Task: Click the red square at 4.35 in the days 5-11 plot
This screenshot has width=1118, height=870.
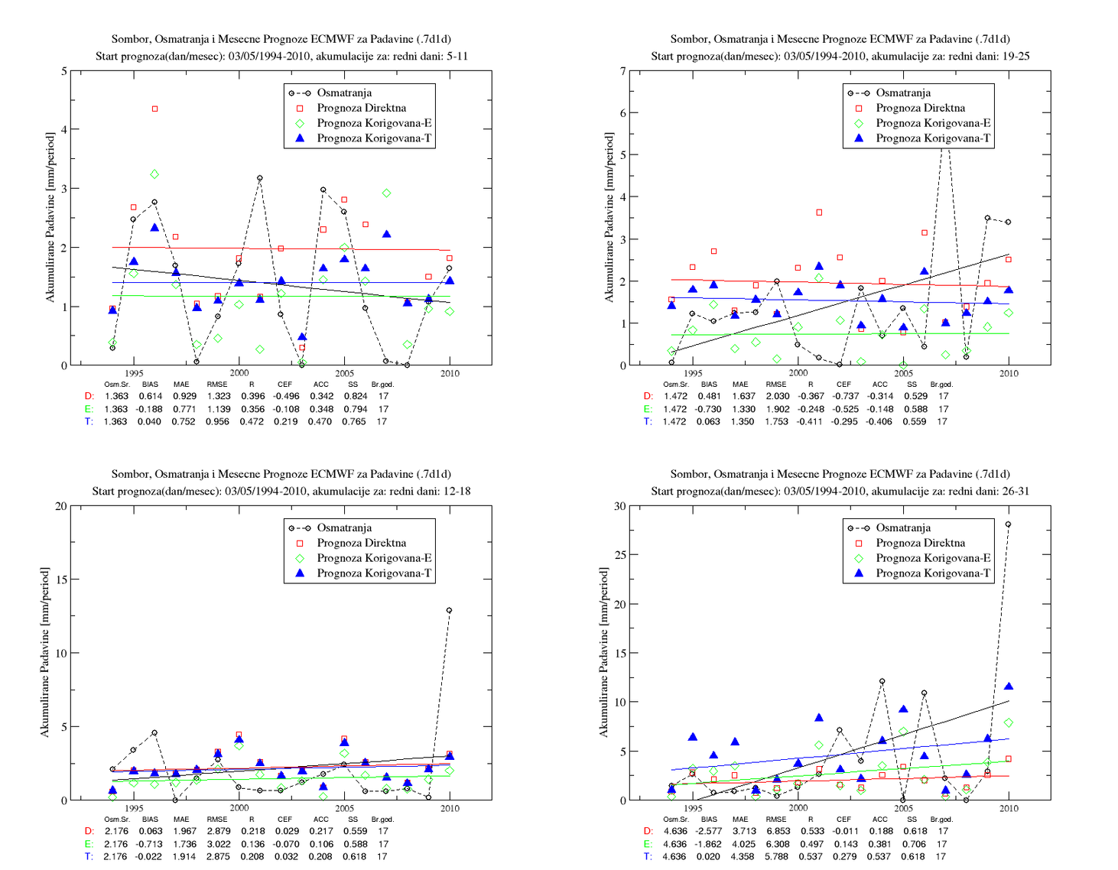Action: coord(154,109)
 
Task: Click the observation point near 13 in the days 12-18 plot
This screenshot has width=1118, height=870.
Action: coord(449,610)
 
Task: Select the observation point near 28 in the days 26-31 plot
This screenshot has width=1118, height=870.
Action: coord(1008,524)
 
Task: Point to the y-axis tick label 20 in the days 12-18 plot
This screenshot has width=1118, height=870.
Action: coord(60,506)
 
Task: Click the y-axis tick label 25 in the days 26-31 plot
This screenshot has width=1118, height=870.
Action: coord(620,555)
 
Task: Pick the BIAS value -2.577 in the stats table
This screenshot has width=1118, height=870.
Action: coord(708,831)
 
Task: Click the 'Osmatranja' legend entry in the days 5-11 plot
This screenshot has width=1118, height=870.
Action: coord(344,93)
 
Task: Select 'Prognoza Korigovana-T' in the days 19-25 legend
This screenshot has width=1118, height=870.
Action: coord(933,138)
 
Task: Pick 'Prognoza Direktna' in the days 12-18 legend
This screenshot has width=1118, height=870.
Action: coord(361,543)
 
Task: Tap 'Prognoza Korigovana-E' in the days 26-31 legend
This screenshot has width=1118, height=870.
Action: coord(933,558)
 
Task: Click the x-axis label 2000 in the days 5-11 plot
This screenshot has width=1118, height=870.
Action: coord(239,373)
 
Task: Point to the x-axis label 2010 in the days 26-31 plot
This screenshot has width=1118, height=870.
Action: coord(1009,808)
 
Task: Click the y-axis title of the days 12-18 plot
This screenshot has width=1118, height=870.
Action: coord(45,653)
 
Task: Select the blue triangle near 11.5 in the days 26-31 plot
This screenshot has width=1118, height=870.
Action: coord(1009,686)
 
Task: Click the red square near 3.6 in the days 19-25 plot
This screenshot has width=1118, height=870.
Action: coord(819,213)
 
